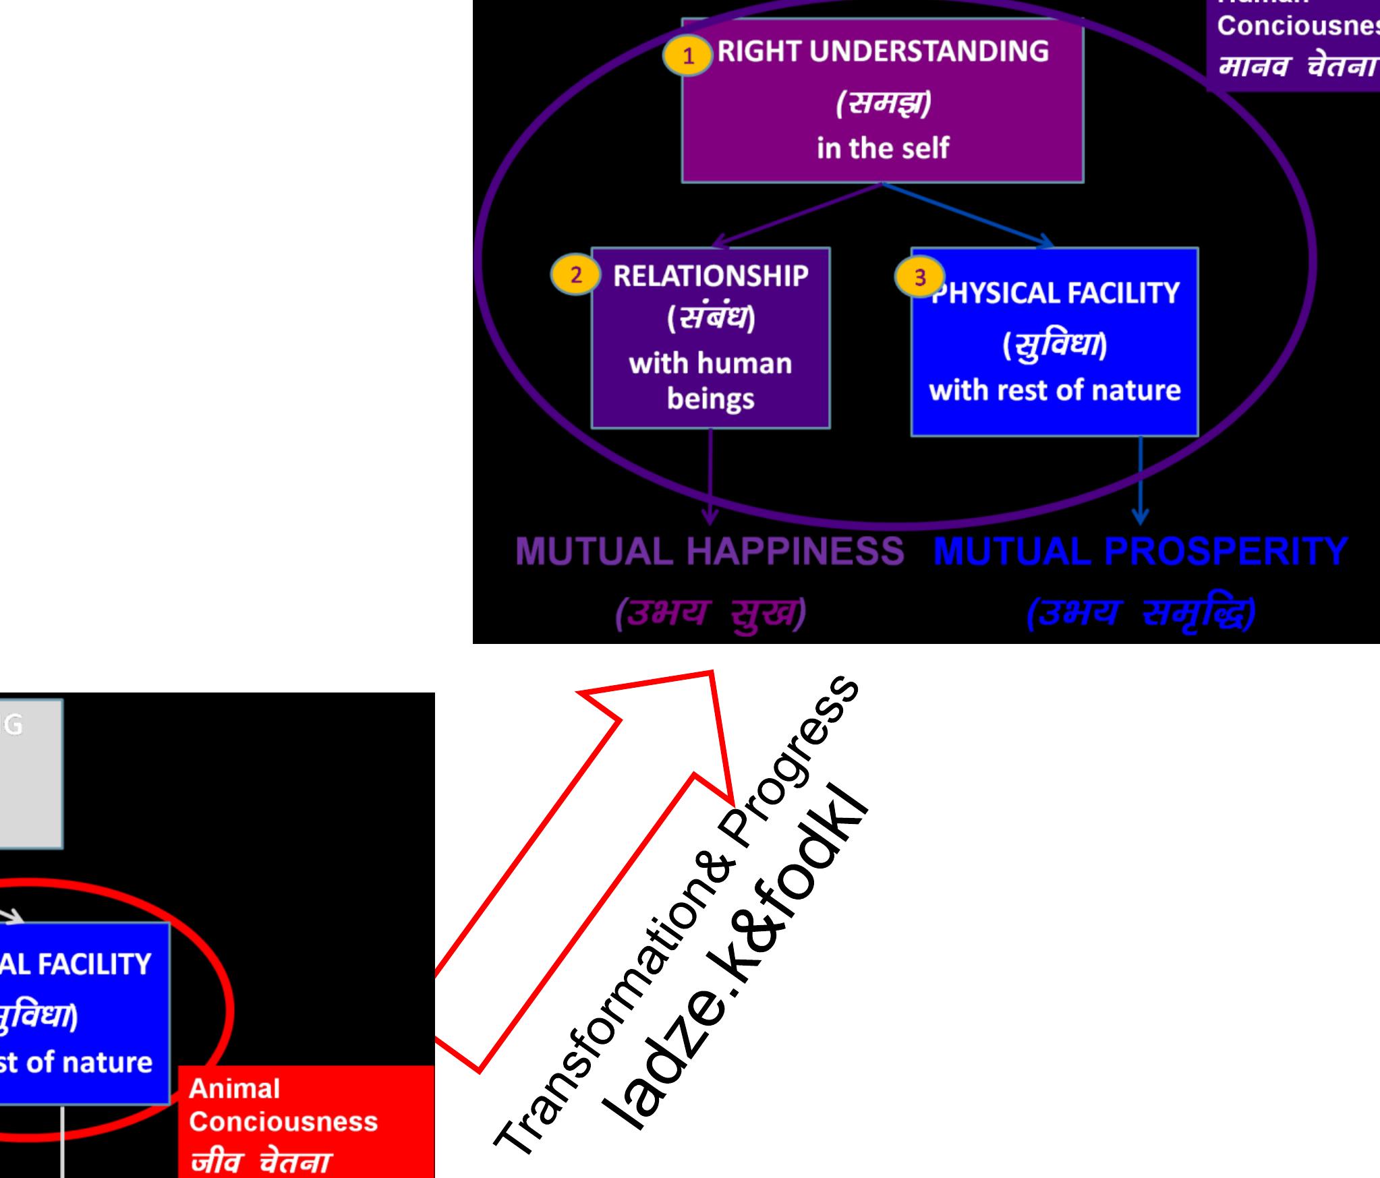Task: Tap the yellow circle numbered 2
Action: click(x=575, y=276)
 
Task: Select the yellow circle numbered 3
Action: click(x=919, y=278)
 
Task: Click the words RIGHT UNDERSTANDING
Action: click(x=883, y=52)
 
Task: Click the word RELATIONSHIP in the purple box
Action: click(x=710, y=276)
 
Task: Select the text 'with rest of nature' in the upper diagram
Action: click(x=1055, y=390)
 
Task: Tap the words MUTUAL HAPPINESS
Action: click(x=710, y=551)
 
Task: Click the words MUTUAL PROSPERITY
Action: click(x=1141, y=551)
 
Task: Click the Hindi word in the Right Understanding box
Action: click(x=883, y=103)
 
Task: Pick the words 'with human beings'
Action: click(x=710, y=381)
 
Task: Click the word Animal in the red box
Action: click(x=234, y=1089)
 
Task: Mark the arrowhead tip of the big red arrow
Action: click(x=713, y=673)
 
